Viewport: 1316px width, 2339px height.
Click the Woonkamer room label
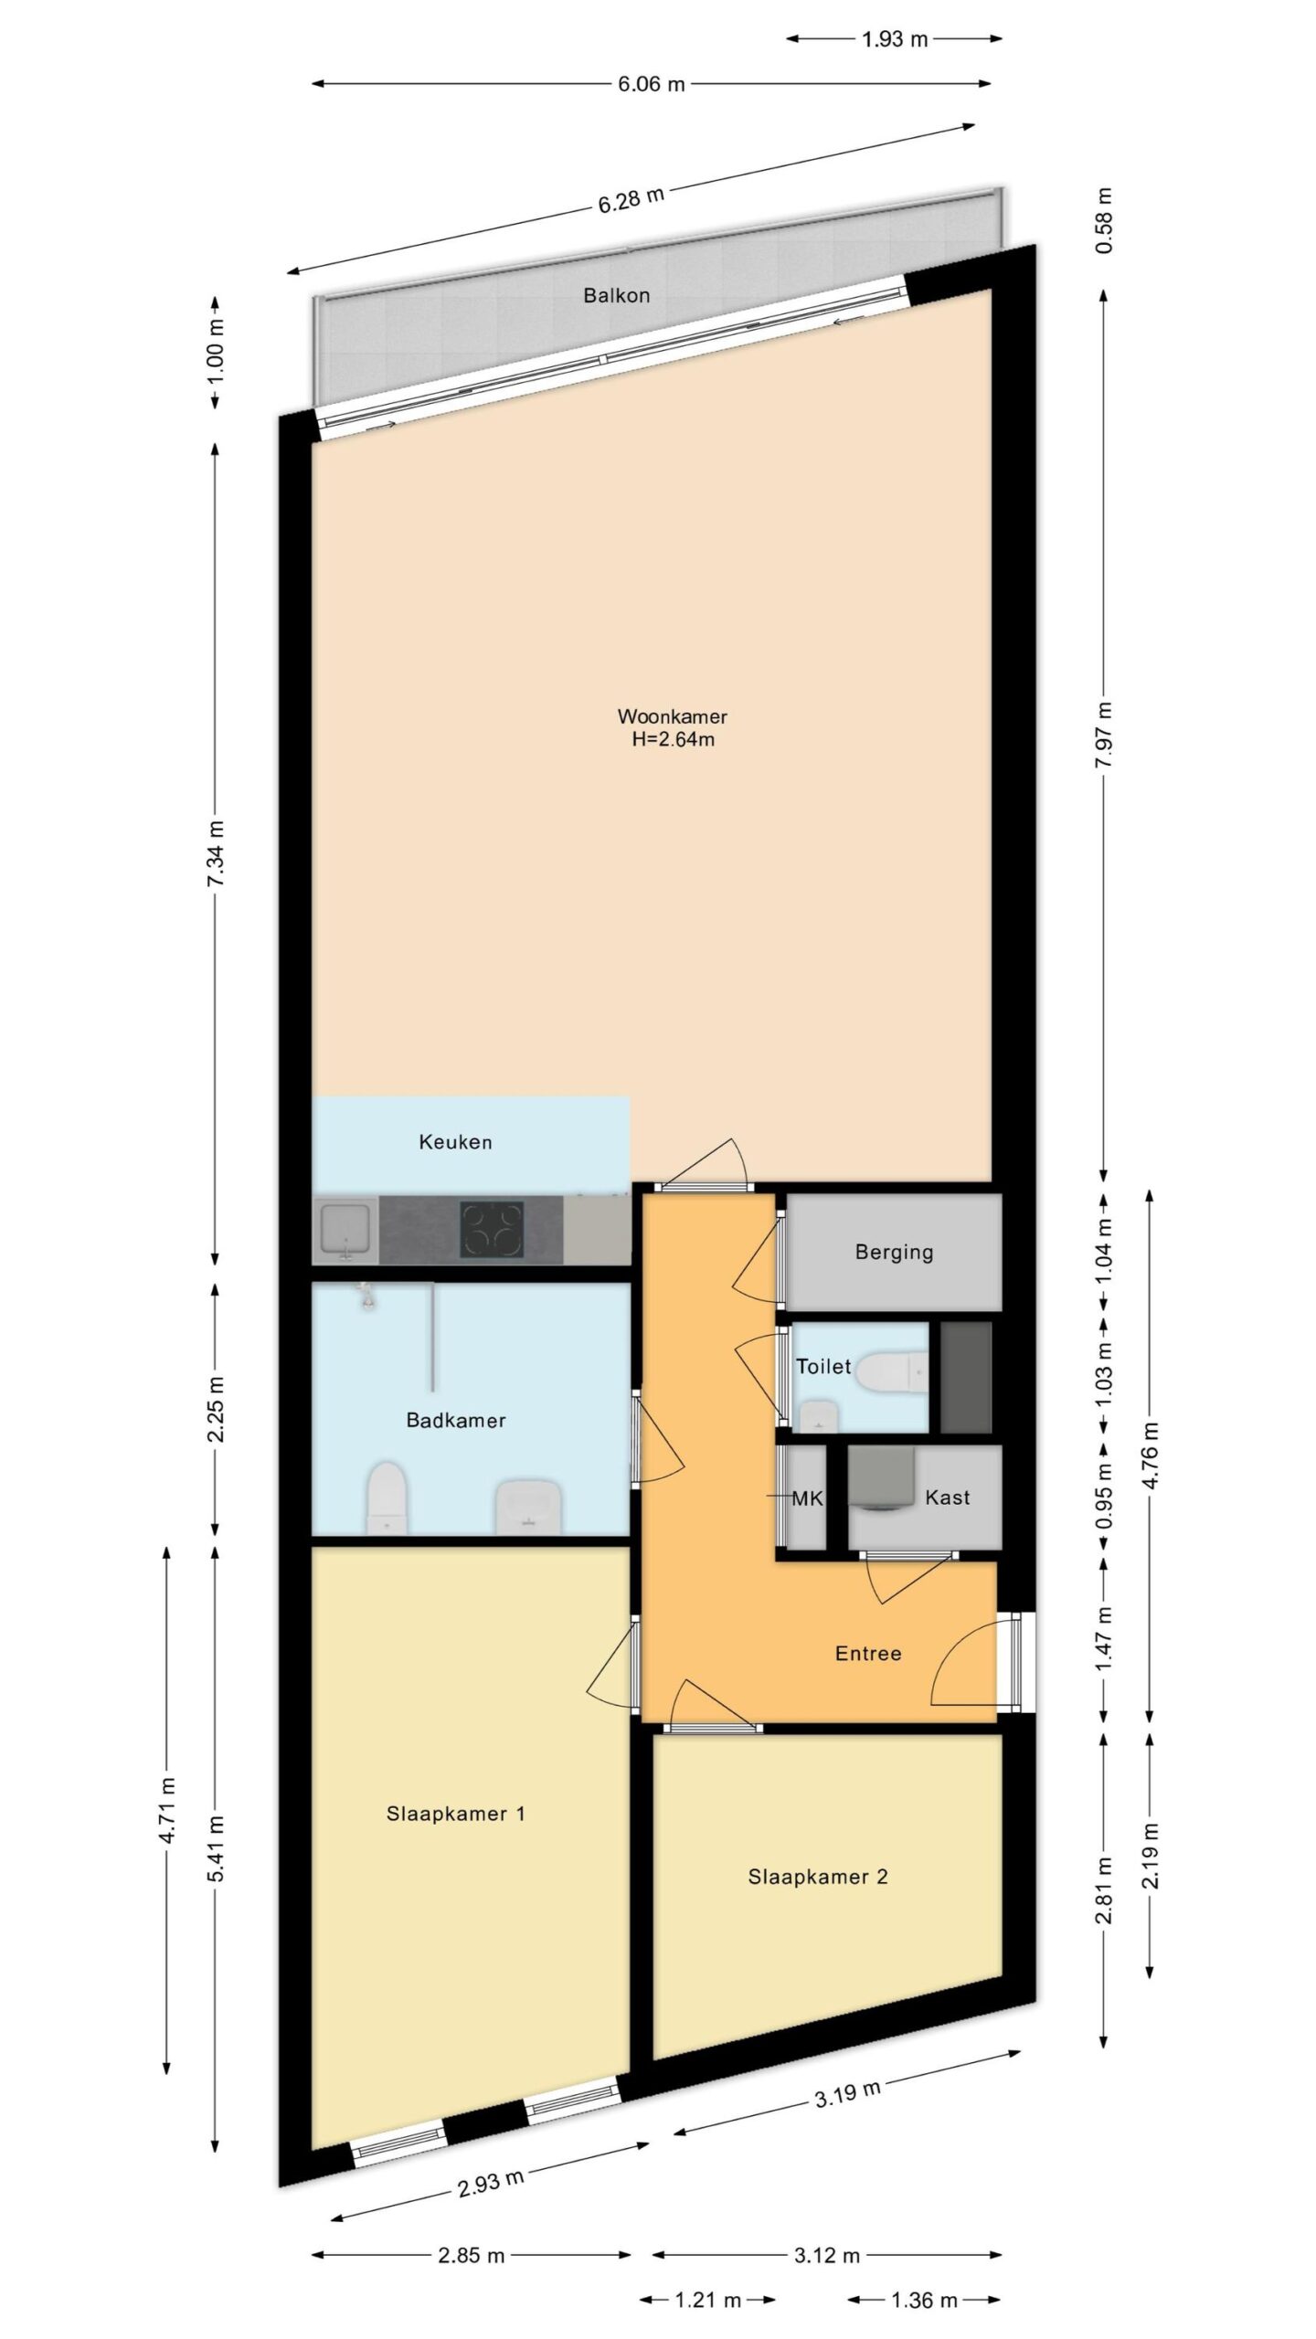click(x=672, y=716)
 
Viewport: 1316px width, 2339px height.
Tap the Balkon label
click(x=617, y=295)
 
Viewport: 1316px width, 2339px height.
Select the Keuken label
click(x=455, y=1141)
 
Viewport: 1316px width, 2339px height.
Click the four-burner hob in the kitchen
click(x=493, y=1230)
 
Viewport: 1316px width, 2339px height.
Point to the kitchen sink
click(x=346, y=1230)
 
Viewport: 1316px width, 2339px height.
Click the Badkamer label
click(x=455, y=1420)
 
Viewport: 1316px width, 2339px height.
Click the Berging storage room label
click(x=894, y=1253)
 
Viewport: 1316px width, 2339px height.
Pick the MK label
click(x=808, y=1498)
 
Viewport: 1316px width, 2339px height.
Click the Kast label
click(x=947, y=1497)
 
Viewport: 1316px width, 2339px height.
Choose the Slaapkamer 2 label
click(x=818, y=1877)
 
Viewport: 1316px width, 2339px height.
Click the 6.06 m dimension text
click(x=651, y=84)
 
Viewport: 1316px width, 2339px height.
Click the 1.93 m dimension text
click(x=895, y=38)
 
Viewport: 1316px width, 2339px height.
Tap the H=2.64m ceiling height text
click(x=673, y=739)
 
